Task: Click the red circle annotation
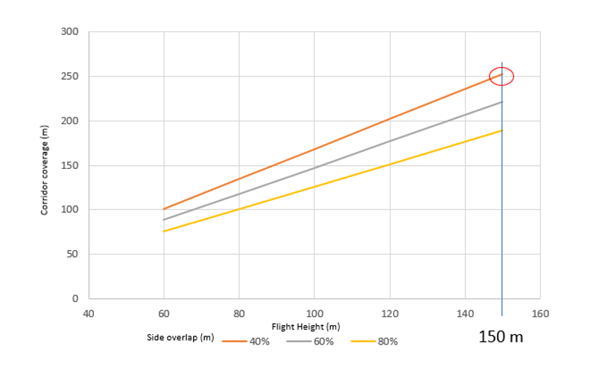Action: pyautogui.click(x=501, y=75)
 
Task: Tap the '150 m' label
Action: pyautogui.click(x=501, y=337)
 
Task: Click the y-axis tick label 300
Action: pyautogui.click(x=69, y=32)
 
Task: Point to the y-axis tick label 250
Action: pyautogui.click(x=69, y=77)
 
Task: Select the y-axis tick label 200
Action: pyautogui.click(x=69, y=121)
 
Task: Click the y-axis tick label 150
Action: pyautogui.click(x=69, y=165)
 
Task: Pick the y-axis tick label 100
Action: pyautogui.click(x=69, y=210)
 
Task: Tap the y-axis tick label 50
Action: pyautogui.click(x=72, y=255)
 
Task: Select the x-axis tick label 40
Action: pyautogui.click(x=88, y=313)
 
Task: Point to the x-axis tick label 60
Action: pyautogui.click(x=163, y=313)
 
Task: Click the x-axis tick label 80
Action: pyautogui.click(x=238, y=313)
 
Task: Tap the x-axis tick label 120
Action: pyautogui.click(x=389, y=313)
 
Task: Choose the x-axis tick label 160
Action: pyautogui.click(x=540, y=313)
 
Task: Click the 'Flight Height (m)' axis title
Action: pyautogui.click(x=307, y=327)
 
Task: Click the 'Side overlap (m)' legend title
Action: pyautogui.click(x=181, y=338)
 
